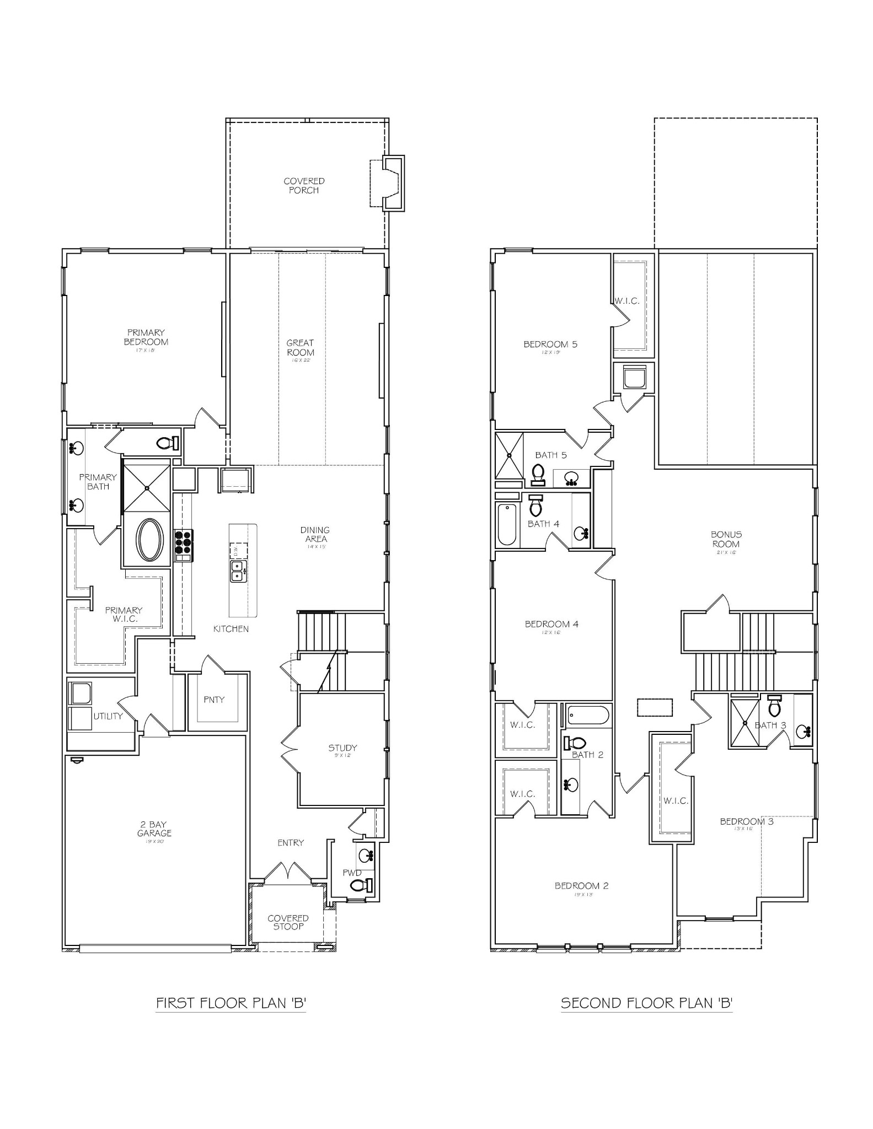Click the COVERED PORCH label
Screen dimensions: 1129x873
pos(304,185)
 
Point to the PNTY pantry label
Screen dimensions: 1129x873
pos(214,700)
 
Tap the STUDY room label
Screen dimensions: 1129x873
pos(342,748)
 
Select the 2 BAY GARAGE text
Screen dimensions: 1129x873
pos(154,829)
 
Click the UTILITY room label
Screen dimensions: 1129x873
pos(108,716)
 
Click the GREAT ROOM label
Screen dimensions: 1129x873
pos(300,348)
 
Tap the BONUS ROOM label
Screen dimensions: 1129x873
pos(726,539)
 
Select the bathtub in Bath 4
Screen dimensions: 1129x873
pos(506,524)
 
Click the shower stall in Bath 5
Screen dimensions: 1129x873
pos(508,455)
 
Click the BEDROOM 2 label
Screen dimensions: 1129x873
pos(581,886)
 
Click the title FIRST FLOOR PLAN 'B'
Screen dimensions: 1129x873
pos(231,1002)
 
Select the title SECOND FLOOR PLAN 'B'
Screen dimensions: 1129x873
pos(646,1002)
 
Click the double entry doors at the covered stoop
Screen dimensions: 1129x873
pos(287,872)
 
